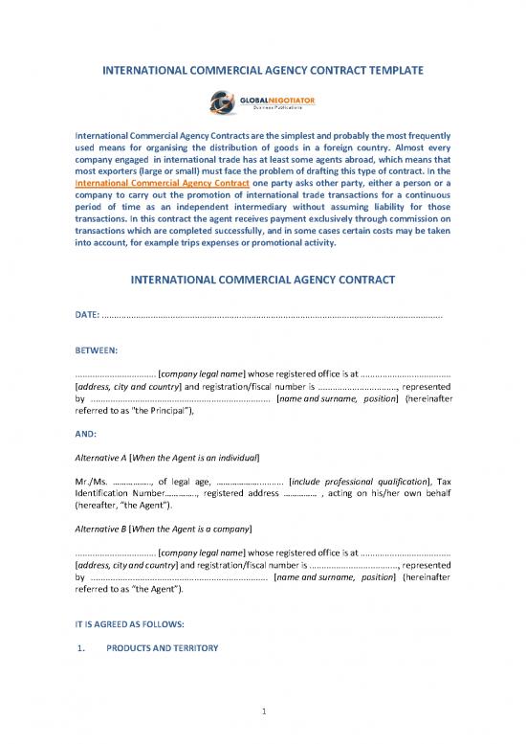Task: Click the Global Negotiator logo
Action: [262, 101]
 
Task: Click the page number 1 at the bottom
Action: [262, 710]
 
